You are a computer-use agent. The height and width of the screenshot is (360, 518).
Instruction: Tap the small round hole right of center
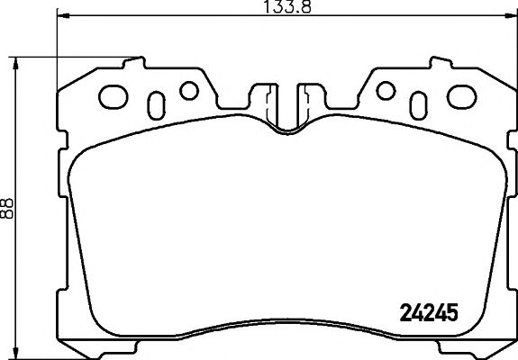[x=385, y=90]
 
